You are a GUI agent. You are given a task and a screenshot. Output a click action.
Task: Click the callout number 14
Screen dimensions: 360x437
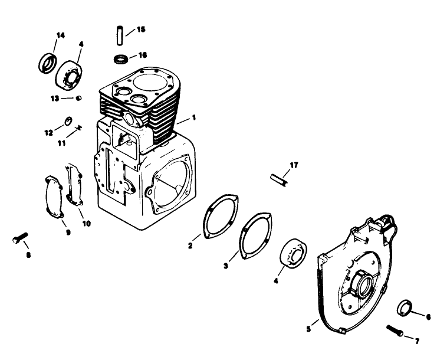point(60,35)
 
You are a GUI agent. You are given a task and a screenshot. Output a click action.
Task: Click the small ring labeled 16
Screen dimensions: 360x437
point(120,58)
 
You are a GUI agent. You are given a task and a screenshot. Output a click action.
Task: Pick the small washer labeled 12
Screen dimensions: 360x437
point(68,122)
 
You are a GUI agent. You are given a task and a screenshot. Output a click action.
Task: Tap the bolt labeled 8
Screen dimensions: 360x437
point(19,239)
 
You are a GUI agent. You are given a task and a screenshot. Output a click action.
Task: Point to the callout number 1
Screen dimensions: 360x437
point(193,118)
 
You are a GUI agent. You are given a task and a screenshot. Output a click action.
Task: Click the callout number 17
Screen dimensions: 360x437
point(294,165)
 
